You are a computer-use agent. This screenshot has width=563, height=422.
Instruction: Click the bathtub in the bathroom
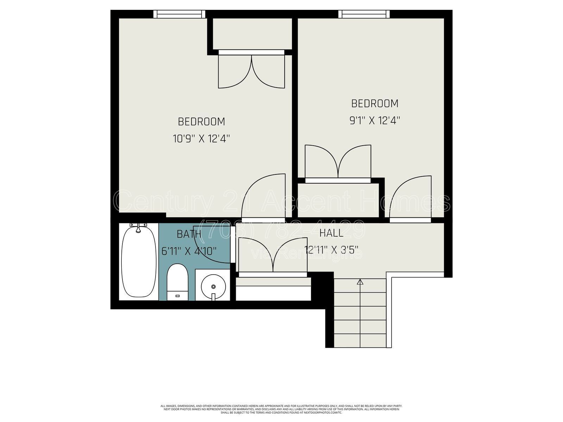click(x=139, y=262)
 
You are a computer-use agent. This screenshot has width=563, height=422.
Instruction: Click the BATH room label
click(x=189, y=234)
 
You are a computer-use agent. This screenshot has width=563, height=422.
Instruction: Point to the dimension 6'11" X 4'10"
click(x=189, y=251)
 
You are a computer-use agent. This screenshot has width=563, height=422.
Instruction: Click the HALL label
click(x=331, y=233)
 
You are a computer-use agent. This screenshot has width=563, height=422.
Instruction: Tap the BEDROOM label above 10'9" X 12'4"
click(x=201, y=122)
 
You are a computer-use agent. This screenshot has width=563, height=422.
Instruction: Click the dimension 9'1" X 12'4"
click(x=375, y=121)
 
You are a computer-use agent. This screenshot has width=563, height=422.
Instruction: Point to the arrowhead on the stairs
click(x=360, y=282)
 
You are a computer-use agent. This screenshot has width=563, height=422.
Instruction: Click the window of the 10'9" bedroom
click(x=179, y=14)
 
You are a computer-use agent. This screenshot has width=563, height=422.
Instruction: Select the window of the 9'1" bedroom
click(x=364, y=14)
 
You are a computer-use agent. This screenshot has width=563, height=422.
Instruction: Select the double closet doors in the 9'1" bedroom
click(x=338, y=162)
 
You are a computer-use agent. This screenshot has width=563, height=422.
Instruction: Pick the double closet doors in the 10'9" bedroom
click(x=251, y=70)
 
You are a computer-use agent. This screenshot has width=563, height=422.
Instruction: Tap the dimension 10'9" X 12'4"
click(x=201, y=139)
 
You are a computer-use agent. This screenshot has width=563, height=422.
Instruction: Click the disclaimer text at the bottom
click(x=281, y=409)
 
